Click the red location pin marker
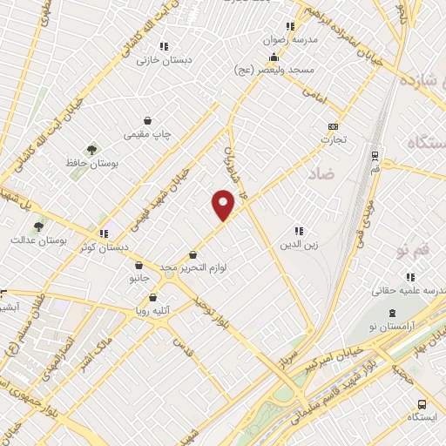pos(223,204)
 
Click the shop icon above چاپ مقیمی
pos(147,120)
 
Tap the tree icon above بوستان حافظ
pos(91,150)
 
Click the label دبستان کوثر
pos(102,247)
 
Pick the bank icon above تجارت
pos(331,126)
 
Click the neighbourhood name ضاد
pos(320,174)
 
